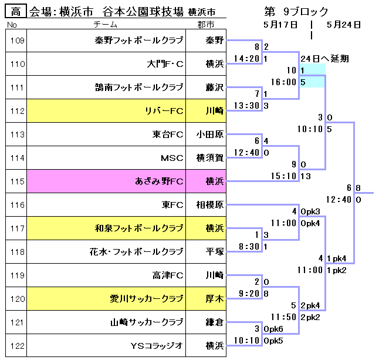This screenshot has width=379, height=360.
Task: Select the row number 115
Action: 18,181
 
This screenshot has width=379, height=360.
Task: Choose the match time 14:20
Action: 246,59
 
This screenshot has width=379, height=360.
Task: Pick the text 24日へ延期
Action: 324,59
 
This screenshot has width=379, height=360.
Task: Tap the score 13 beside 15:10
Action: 304,176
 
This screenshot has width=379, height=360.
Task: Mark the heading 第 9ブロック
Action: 296,12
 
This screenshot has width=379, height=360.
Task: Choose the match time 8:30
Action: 248,247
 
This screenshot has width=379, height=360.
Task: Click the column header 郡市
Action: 206,25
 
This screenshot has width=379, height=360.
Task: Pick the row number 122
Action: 18,346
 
